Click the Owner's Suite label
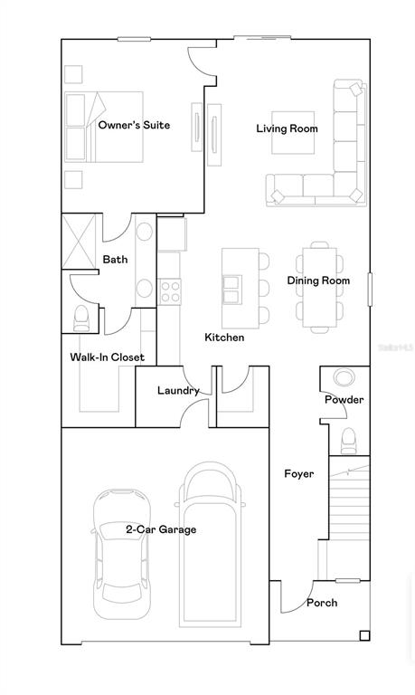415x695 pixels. tap(134, 125)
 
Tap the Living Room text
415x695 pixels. tap(287, 129)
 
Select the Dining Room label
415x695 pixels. tap(318, 281)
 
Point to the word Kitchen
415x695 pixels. tap(224, 338)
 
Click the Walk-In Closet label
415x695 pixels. tap(108, 357)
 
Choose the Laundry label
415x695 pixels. tap(177, 391)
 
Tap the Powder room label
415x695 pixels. tap(344, 400)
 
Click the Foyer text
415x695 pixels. tap(298, 473)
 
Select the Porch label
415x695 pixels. tap(322, 603)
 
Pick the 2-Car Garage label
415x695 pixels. tap(161, 529)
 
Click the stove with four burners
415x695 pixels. tap(170, 290)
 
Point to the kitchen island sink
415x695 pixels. tap(232, 290)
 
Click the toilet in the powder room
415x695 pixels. tap(349, 440)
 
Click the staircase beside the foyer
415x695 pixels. tap(349, 516)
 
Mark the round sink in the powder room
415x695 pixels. tap(344, 378)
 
